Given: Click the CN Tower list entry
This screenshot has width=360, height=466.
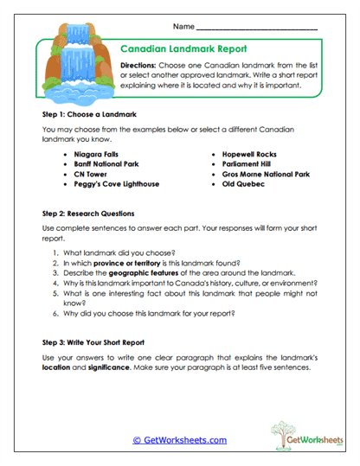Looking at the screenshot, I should (x=91, y=173).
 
